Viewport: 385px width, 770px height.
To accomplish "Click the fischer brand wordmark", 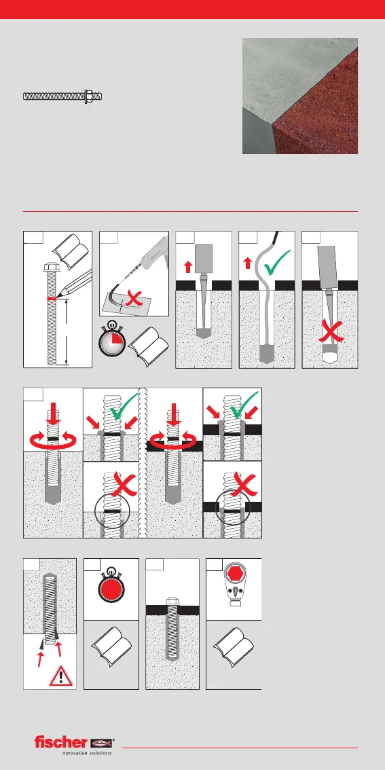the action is pyautogui.click(x=60, y=742).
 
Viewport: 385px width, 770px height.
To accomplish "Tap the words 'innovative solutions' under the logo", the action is pyautogui.click(x=86, y=753).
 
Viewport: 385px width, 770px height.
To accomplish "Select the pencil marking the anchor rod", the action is pyautogui.click(x=67, y=285).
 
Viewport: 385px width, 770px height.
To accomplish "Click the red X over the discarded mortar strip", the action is pyautogui.click(x=132, y=297).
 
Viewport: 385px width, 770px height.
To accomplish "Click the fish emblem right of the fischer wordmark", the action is pyautogui.click(x=102, y=742).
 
